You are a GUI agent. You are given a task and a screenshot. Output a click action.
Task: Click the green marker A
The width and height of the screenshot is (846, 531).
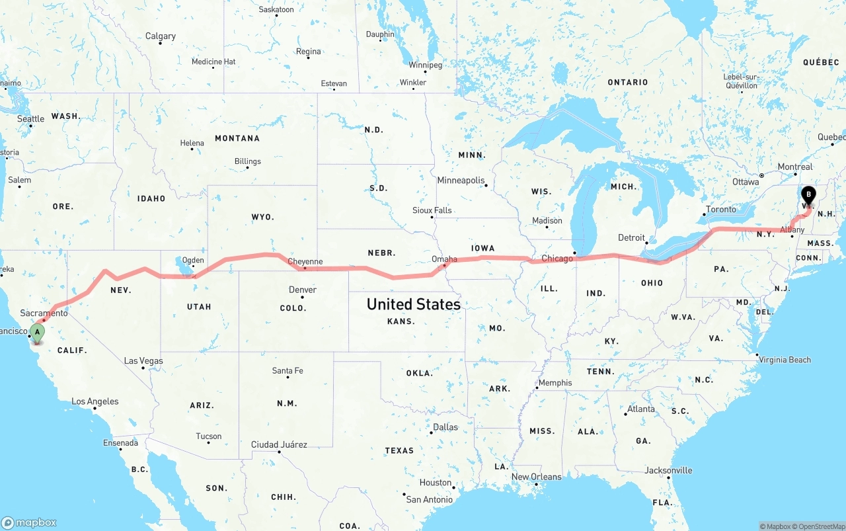[x=38, y=333]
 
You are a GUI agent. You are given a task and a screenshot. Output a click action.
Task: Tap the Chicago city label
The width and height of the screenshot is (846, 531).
[x=557, y=259]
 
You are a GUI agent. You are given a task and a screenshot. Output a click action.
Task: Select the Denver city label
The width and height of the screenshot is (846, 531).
[x=303, y=290]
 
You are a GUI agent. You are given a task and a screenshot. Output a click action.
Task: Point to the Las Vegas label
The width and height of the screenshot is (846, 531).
[x=143, y=361]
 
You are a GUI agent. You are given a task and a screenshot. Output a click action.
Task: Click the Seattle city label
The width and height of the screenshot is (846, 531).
[x=30, y=119]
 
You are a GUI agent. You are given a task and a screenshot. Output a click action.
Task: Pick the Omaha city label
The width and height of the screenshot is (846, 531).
[x=444, y=259]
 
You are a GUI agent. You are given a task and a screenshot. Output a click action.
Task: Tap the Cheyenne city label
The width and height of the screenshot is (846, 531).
[x=305, y=262]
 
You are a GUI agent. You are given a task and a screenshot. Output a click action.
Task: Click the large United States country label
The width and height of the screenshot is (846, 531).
[x=414, y=304]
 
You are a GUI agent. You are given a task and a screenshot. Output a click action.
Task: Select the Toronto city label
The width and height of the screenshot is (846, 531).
[x=720, y=210]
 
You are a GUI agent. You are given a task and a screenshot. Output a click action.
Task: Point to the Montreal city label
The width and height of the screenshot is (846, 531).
[x=795, y=167]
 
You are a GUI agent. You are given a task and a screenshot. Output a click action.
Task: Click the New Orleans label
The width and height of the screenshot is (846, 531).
[x=536, y=477]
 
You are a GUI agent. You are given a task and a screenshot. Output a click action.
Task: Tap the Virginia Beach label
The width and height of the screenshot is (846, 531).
[x=785, y=360]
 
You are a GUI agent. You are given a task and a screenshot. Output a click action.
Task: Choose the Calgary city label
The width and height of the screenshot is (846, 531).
[x=161, y=36]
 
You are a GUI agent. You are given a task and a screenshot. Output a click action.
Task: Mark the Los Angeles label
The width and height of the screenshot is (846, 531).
[x=95, y=401]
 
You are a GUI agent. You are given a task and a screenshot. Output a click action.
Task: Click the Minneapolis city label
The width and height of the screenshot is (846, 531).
[x=461, y=181]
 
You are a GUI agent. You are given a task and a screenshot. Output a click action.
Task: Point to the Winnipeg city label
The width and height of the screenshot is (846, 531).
[x=425, y=65]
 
